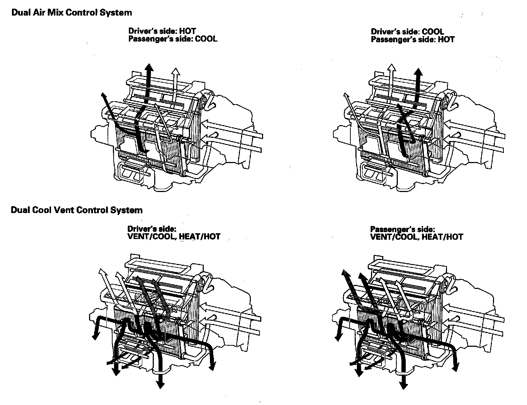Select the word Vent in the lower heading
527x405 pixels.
tap(63, 210)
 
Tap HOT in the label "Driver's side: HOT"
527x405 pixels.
tap(187, 31)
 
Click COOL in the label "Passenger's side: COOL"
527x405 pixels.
tap(206, 39)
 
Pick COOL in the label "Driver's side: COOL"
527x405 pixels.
tap(433, 32)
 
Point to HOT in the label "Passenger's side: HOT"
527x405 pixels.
tap(446, 39)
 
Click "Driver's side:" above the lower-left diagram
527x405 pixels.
tap(152, 229)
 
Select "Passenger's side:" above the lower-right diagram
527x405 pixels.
tap(402, 229)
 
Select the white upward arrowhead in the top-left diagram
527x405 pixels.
tap(176, 71)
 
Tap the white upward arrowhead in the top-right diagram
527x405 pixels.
tap(391, 68)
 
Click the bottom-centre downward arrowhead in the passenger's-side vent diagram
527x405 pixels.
tap(404, 385)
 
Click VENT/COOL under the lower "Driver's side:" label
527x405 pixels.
tap(151, 237)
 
